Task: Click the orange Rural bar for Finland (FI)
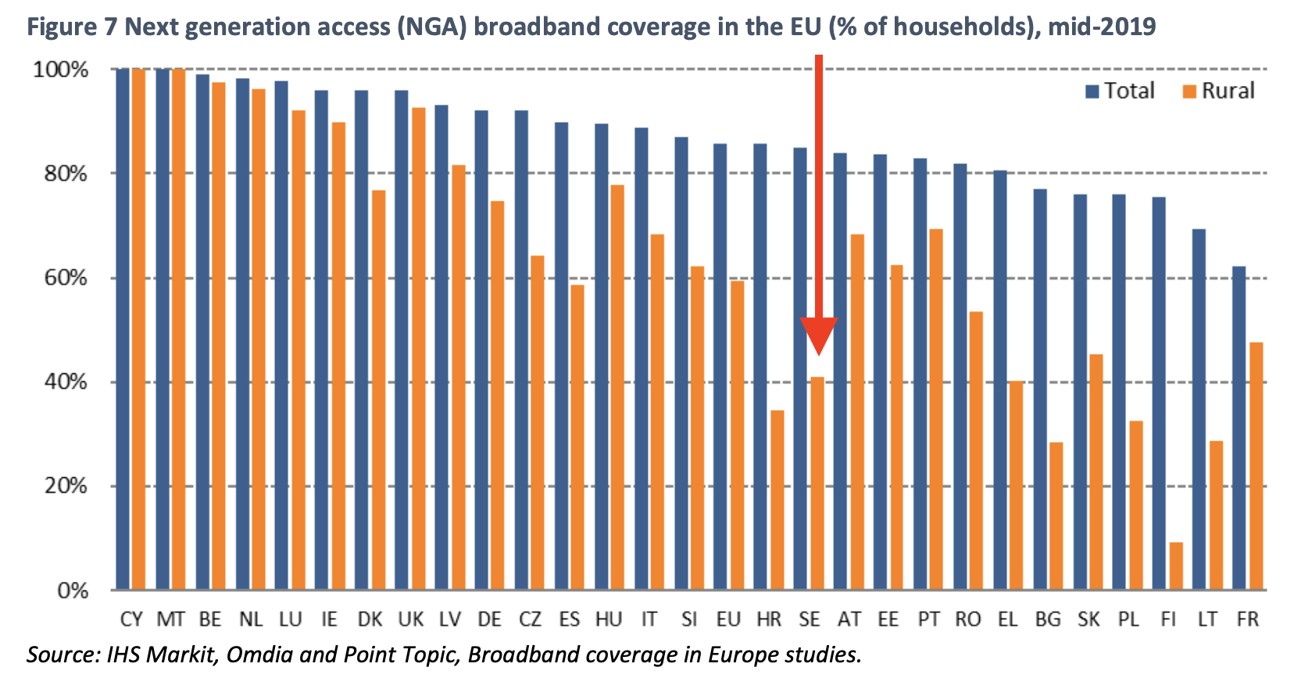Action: tap(1176, 565)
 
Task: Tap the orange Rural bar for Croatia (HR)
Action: tap(777, 499)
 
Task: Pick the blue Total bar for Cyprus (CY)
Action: tap(123, 328)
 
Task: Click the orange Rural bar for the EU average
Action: tap(738, 434)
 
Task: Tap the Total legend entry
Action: tap(1121, 91)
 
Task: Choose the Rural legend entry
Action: tap(1218, 91)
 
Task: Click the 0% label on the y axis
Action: tap(73, 590)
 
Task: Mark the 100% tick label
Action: tap(61, 70)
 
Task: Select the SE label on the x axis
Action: tap(810, 619)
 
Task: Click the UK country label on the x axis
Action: tap(410, 619)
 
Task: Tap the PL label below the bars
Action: tap(1128, 619)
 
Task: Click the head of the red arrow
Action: tap(818, 336)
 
